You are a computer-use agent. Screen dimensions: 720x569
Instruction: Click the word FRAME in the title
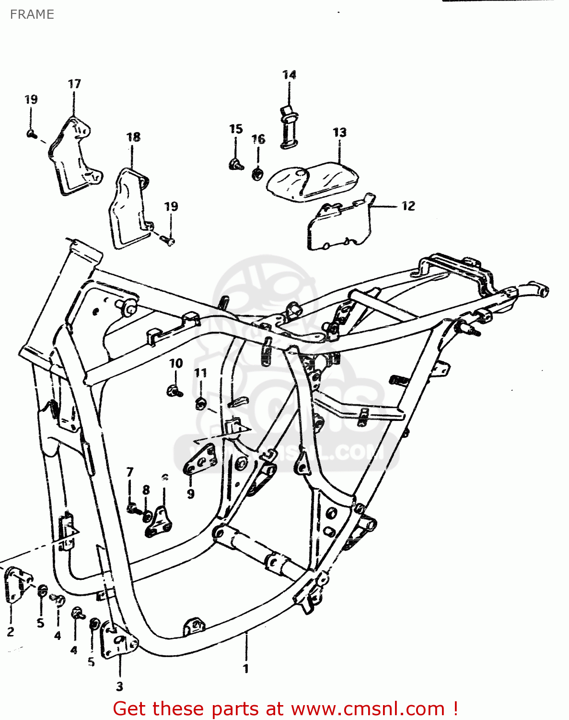[x=32, y=14]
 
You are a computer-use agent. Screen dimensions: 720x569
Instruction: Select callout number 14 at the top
[x=289, y=75]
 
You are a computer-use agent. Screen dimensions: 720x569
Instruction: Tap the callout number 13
[x=339, y=132]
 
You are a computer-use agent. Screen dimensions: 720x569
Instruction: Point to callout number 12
[x=408, y=206]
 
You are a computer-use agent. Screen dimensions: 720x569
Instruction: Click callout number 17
[x=74, y=84]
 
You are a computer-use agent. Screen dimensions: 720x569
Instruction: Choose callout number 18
[x=133, y=137]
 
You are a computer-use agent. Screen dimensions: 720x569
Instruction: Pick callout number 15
[x=236, y=129]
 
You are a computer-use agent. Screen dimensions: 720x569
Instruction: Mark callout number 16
[x=258, y=139]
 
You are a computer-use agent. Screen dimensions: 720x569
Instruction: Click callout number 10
[x=176, y=363]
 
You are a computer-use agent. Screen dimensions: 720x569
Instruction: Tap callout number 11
[x=200, y=373]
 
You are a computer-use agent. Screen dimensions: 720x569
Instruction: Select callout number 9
[x=191, y=493]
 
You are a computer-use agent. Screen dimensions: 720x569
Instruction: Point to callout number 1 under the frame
[x=246, y=669]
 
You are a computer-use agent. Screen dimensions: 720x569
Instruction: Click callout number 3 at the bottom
[x=120, y=686]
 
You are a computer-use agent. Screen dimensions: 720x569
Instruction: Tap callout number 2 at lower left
[x=11, y=632]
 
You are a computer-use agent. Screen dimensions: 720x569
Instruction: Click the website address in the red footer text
[x=368, y=708]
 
